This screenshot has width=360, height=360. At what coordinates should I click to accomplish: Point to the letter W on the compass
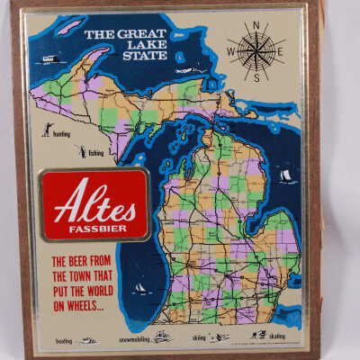(230, 50)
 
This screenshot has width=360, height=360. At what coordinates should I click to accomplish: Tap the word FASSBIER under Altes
(94, 225)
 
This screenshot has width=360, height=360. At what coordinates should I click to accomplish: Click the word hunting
(61, 133)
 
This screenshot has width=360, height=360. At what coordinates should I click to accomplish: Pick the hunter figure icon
(45, 130)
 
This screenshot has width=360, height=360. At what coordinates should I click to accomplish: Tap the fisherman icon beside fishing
(80, 152)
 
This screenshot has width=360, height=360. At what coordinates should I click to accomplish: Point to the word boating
(63, 341)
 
